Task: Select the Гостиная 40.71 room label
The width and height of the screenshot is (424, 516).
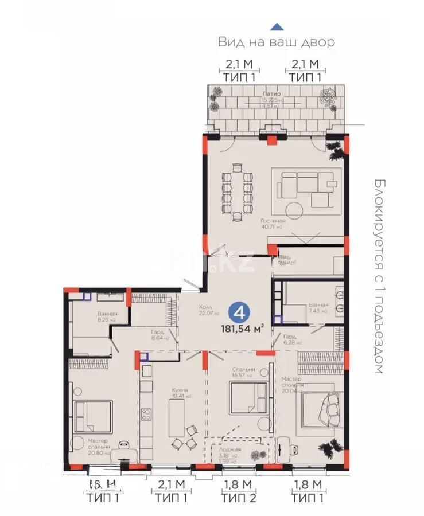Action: coord(272,223)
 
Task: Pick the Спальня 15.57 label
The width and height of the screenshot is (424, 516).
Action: coord(243,372)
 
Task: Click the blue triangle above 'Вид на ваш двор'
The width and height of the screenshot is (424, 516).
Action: coord(277,26)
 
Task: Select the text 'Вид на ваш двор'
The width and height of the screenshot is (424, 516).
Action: coord(276,42)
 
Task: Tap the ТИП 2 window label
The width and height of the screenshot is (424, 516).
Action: coord(238,497)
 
